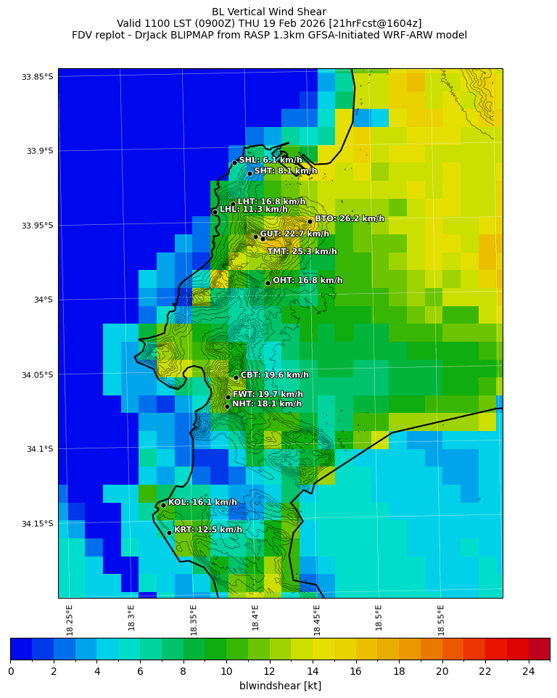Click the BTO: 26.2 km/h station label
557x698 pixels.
349,218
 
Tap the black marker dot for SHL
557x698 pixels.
234,163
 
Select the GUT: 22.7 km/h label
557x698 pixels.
294,234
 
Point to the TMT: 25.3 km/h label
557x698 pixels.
302,252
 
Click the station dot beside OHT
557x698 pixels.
268,283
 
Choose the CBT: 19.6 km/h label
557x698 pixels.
274,375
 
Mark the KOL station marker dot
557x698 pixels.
163,505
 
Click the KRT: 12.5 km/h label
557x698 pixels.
207,530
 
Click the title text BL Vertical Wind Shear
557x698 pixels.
269,12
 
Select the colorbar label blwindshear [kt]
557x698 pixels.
280,686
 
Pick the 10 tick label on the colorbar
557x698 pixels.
226,671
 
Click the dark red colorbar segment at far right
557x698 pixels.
539,649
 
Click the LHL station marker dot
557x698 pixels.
215,212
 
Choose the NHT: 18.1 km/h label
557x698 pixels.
266,404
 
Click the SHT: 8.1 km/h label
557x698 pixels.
285,171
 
